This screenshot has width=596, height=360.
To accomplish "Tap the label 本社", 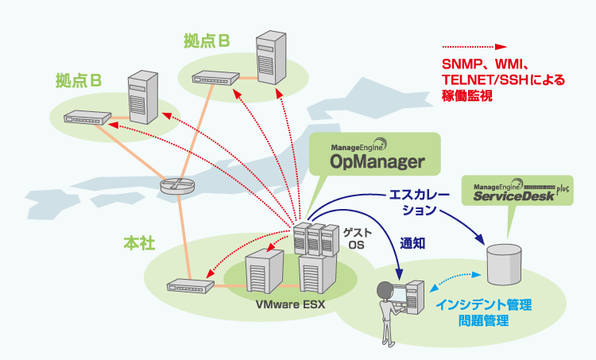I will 139,241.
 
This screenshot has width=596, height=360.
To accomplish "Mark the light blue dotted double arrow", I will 456,281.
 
